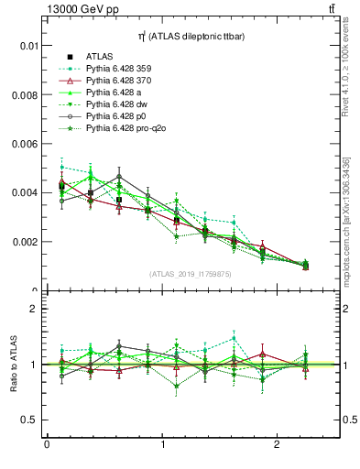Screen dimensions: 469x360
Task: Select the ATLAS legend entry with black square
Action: pos(100,56)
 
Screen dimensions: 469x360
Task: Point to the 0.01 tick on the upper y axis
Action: pos(28,46)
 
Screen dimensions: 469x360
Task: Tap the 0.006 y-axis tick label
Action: pos(25,144)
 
